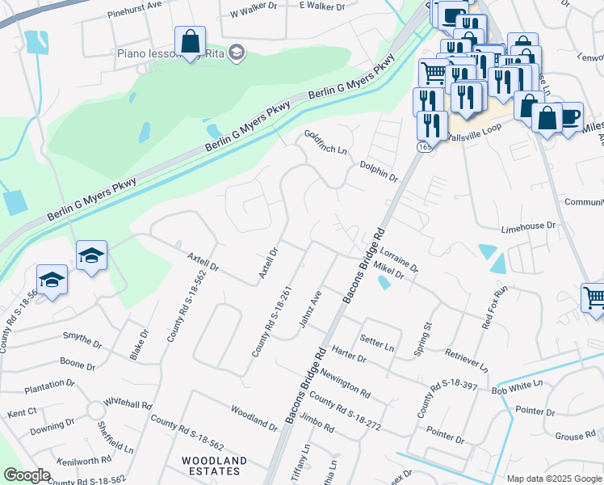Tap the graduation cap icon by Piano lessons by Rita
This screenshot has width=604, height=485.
click(x=236, y=53)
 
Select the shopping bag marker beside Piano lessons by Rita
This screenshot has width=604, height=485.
click(x=190, y=41)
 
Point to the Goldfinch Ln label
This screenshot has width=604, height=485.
click(x=325, y=143)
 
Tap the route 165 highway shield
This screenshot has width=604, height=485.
click(x=423, y=147)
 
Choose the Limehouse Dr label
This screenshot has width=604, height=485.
click(x=528, y=227)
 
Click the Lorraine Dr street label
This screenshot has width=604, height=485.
click(x=399, y=259)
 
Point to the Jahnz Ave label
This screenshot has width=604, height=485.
click(x=310, y=310)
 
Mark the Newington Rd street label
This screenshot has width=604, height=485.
click(x=345, y=385)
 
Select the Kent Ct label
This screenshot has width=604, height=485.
click(x=22, y=412)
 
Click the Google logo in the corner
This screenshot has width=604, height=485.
click(x=27, y=475)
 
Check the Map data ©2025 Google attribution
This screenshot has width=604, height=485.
click(x=554, y=479)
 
